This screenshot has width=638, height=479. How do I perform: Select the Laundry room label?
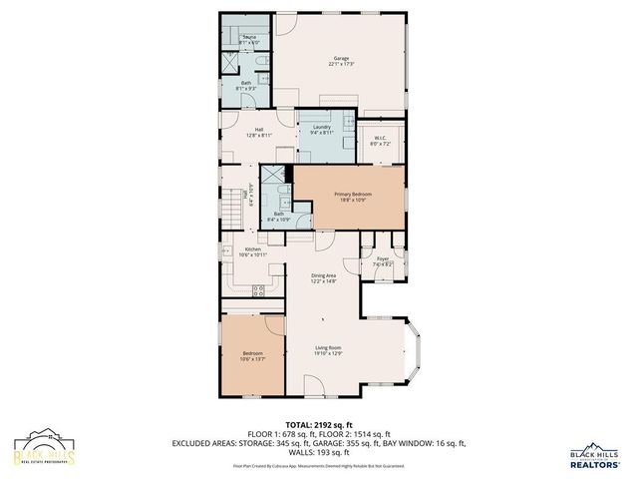point(321,128)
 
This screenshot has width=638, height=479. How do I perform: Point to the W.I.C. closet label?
point(380,139)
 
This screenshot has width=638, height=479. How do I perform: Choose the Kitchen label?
point(252,249)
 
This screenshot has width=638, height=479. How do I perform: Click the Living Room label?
point(329,347)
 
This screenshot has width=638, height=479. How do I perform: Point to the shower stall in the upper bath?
point(230,61)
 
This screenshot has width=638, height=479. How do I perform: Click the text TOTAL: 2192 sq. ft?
point(318,424)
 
